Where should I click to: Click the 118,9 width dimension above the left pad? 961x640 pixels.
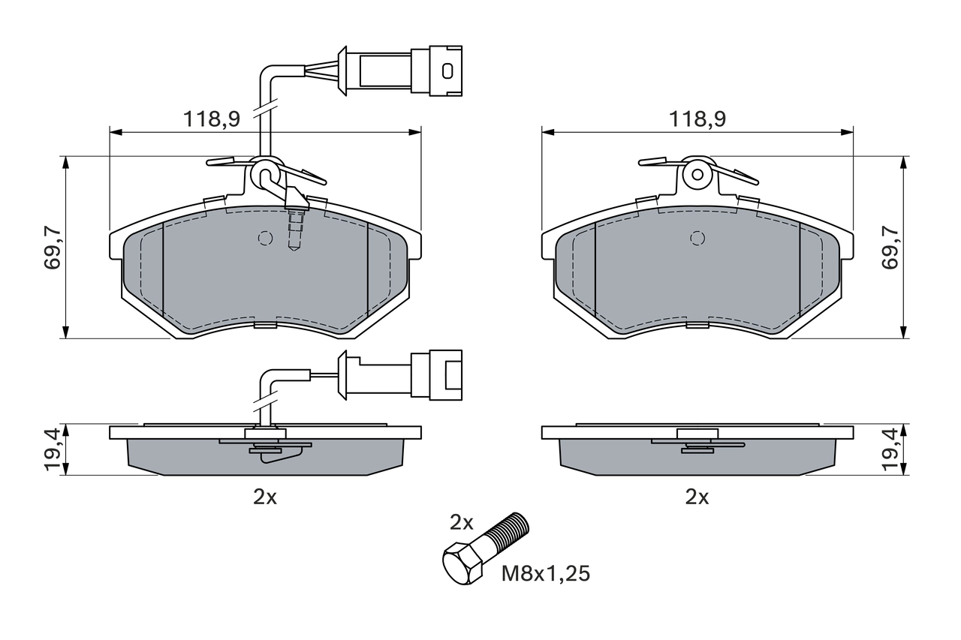coord(211,119)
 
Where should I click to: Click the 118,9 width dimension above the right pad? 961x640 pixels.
coord(697,119)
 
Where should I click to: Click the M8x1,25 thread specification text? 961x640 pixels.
coord(546,575)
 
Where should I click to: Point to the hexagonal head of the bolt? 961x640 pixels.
coord(460,565)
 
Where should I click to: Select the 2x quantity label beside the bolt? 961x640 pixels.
coord(462,521)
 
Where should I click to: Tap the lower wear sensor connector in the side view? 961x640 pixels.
coord(435,373)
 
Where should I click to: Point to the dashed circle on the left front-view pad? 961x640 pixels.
coord(264,238)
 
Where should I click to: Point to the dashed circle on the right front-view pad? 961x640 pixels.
coord(697,238)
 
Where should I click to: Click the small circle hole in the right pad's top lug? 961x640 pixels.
coord(697,175)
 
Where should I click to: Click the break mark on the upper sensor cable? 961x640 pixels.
coord(265,110)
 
